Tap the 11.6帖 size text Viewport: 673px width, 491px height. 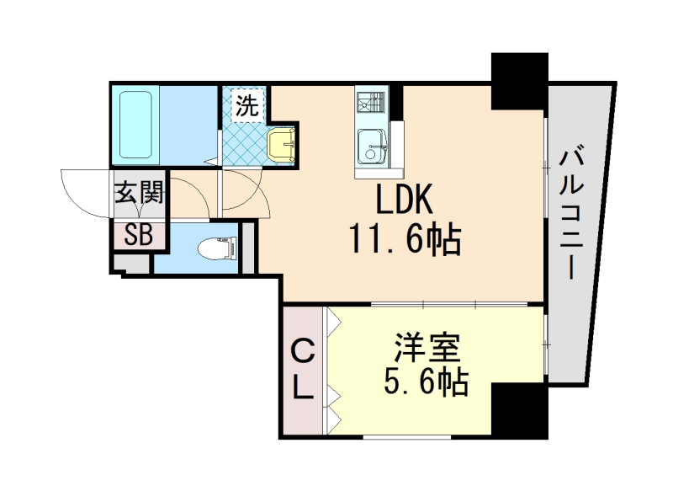[403, 242]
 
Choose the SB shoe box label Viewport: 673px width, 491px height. [138, 235]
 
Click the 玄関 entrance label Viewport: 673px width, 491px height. [138, 193]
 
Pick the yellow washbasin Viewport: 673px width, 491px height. [281, 144]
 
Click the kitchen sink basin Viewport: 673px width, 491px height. [370, 147]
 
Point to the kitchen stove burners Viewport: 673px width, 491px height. [370, 104]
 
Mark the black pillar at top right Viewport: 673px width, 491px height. [519, 82]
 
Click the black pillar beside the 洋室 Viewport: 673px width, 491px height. [518, 410]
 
